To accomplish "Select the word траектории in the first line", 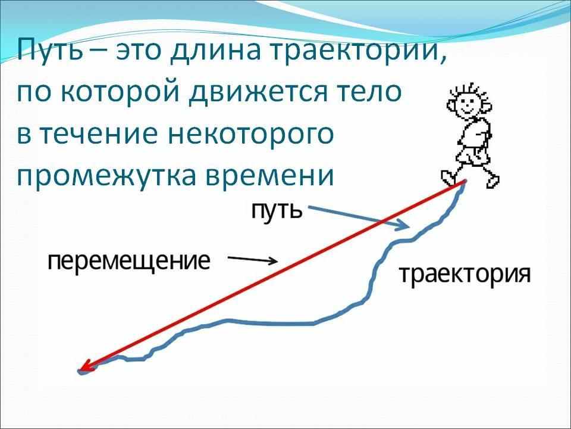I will point(350,52).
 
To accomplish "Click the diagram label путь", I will point(274,210).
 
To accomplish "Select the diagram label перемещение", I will point(129,262).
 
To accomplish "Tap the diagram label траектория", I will point(463,275).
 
